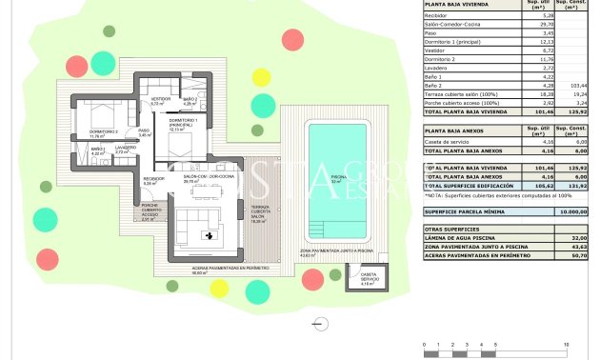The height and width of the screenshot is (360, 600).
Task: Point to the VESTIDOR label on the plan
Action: click(x=160, y=101)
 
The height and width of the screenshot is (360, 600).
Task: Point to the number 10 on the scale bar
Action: click(x=568, y=343)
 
